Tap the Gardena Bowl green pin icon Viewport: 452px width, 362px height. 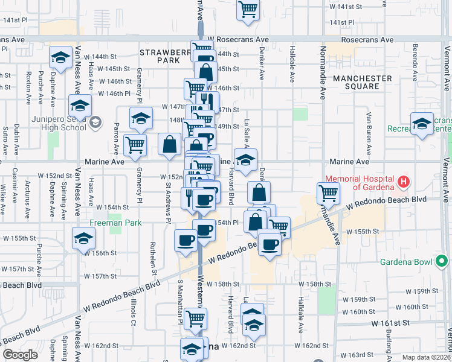click(x=442, y=261)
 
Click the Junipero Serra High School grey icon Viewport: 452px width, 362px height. click(x=95, y=123)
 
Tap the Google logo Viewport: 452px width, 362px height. click(x=20, y=354)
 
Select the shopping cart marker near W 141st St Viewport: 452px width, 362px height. click(x=248, y=9)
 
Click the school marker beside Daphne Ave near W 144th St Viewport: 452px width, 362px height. click(x=60, y=57)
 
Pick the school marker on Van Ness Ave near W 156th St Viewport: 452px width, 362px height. click(x=83, y=237)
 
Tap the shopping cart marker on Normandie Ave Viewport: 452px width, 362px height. click(x=328, y=194)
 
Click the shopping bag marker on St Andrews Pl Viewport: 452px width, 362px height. click(x=170, y=144)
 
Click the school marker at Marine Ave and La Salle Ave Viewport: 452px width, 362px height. click(x=245, y=160)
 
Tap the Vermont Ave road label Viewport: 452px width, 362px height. click(x=446, y=181)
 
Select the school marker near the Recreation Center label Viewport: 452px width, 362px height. click(x=422, y=124)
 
